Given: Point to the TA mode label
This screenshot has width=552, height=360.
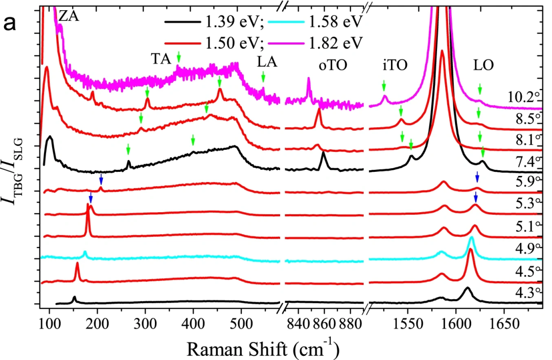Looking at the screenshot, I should coord(162,59).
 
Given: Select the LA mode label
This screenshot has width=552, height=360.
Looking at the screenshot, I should coord(267,62).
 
